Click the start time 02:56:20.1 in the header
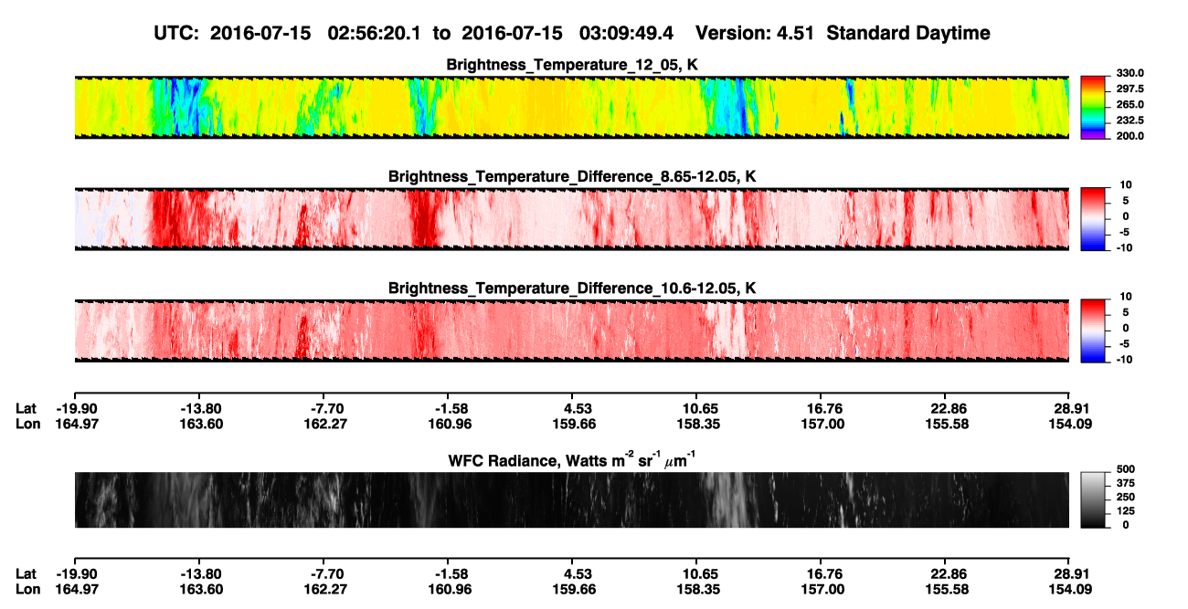point(374,34)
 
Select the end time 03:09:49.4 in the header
point(626,34)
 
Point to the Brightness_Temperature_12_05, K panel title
point(572,65)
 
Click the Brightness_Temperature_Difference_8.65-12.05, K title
point(572,176)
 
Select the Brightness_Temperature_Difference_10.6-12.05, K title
point(572,289)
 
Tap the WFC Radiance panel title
point(572,460)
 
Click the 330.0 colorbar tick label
point(1130,73)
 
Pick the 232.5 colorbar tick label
point(1130,121)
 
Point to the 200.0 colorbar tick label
point(1130,136)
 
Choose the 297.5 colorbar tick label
point(1130,89)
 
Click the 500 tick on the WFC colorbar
point(1126,469)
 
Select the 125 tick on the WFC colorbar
point(1126,511)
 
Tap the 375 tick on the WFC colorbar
point(1126,483)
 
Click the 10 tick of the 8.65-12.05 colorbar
point(1126,185)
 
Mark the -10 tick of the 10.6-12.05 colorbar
point(1124,360)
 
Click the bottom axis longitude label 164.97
point(77,590)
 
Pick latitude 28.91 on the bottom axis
point(1071,574)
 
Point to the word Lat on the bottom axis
point(26,574)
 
